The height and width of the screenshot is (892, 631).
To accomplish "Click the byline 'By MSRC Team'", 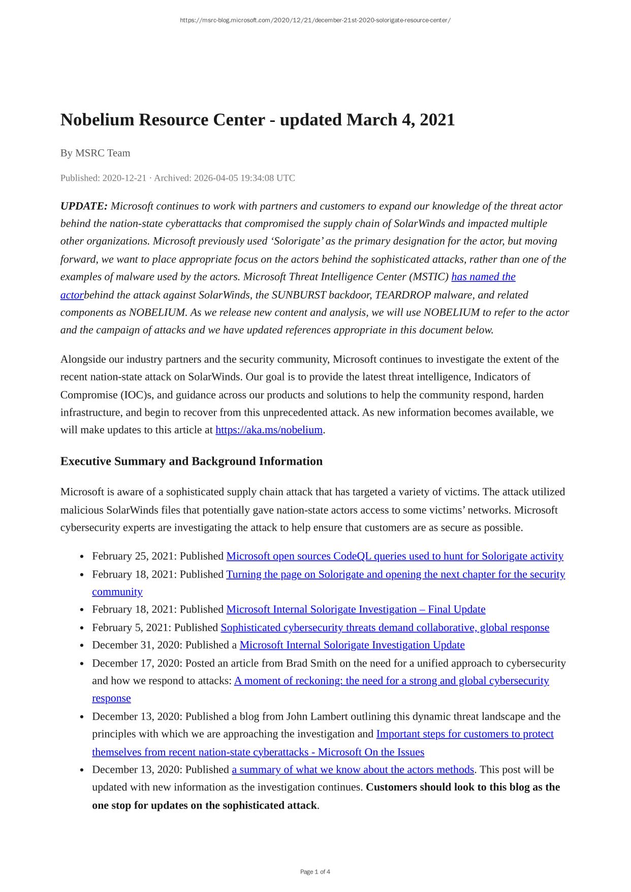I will pyautogui.click(x=95, y=153).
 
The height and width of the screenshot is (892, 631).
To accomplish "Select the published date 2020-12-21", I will pyautogui.click(x=124, y=178).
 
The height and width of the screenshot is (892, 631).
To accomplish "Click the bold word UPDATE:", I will pyautogui.click(x=84, y=206).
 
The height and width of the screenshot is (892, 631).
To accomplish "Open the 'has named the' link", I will pyautogui.click(x=483, y=277).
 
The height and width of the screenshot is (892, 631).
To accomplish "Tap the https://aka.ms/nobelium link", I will pyautogui.click(x=269, y=430).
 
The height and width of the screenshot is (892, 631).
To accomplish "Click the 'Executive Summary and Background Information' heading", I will pyautogui.click(x=191, y=461).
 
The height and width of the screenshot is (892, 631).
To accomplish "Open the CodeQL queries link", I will pyautogui.click(x=394, y=556).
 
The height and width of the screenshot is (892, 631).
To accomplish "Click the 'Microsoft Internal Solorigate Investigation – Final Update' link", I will pyautogui.click(x=356, y=609).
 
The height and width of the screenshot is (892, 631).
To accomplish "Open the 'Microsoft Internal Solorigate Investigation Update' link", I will pyautogui.click(x=352, y=645).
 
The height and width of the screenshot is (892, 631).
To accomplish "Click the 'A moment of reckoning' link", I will pyautogui.click(x=391, y=681).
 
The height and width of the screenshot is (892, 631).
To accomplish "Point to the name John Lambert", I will pyautogui.click(x=317, y=716).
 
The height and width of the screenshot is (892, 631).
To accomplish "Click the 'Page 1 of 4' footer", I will pyautogui.click(x=315, y=872).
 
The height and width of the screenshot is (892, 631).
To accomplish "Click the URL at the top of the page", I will pyautogui.click(x=315, y=20).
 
